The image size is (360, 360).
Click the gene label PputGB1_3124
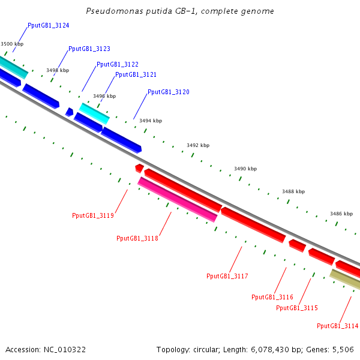[x=48, y=26]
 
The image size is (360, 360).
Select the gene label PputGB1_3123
[x=89, y=49]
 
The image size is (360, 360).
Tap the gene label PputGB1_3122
[x=118, y=64]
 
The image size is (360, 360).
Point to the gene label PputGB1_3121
[x=136, y=74]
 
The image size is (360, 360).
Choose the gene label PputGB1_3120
[x=169, y=92]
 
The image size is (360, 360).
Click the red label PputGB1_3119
[x=93, y=215]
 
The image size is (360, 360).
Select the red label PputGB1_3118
[x=137, y=238]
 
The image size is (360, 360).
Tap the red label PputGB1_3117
[x=227, y=276]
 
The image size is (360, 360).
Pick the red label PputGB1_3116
[x=272, y=297]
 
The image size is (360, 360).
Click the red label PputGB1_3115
[x=297, y=308]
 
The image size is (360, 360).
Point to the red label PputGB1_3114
[x=338, y=326]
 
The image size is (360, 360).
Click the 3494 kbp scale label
[x=151, y=121]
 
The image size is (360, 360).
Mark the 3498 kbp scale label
[x=58, y=70]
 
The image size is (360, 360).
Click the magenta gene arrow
[x=178, y=199]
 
